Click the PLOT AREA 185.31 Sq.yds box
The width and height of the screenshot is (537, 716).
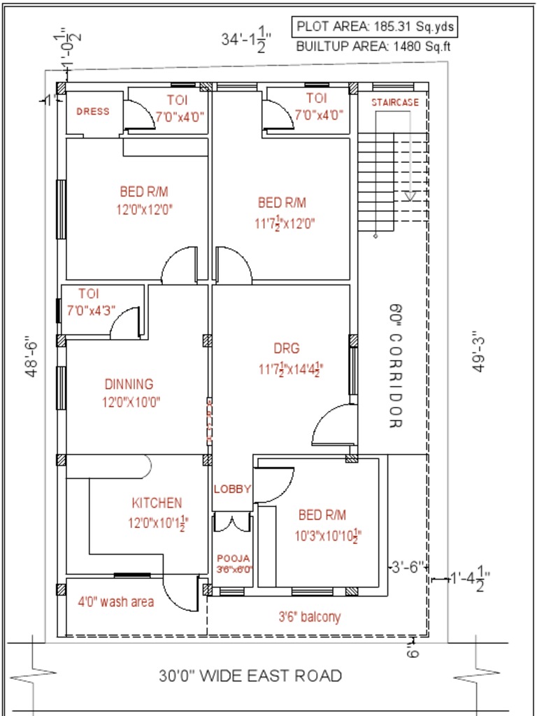click(x=375, y=27)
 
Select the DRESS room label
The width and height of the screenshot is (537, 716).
click(x=92, y=111)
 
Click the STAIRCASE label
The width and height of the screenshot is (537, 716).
click(x=395, y=102)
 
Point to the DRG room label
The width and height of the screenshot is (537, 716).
click(x=287, y=348)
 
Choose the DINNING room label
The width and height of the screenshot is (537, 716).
click(x=129, y=384)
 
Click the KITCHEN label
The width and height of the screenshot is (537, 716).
click(x=157, y=503)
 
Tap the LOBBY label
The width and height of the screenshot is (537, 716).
click(x=232, y=489)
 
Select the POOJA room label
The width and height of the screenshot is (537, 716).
click(x=233, y=559)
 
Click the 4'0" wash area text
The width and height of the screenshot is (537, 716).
click(x=115, y=601)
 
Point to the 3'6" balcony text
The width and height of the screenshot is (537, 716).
click(x=310, y=617)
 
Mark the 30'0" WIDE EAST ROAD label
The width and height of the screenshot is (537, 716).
click(x=250, y=676)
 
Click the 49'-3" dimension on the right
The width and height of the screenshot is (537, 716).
click(x=479, y=352)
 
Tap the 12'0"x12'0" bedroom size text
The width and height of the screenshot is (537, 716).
click(x=144, y=208)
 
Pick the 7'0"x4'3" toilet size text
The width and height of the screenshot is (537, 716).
click(x=91, y=309)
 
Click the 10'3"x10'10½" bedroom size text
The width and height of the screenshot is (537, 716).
click(x=328, y=536)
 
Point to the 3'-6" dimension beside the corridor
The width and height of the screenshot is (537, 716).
click(x=407, y=566)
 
